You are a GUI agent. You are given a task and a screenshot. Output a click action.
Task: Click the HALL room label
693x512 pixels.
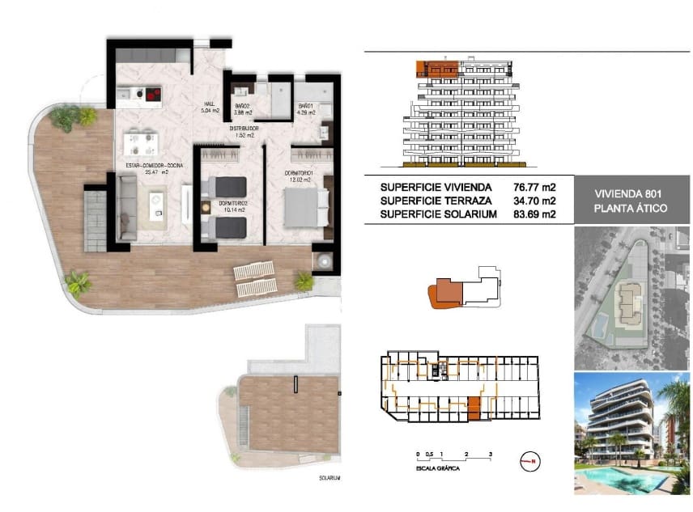(x=209, y=104)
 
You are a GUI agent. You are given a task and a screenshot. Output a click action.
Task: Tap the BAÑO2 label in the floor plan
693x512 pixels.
(x=241, y=106)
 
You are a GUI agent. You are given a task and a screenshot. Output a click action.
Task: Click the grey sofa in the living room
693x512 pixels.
(x=127, y=207)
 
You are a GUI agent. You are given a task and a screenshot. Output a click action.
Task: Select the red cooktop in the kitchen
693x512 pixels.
(x=151, y=95)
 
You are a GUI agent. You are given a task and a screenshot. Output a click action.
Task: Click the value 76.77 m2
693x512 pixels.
(x=534, y=188)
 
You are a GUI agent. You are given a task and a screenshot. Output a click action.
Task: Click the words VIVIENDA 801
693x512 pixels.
(x=619, y=194)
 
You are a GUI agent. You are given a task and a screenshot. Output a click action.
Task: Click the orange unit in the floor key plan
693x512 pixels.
(x=474, y=408)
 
